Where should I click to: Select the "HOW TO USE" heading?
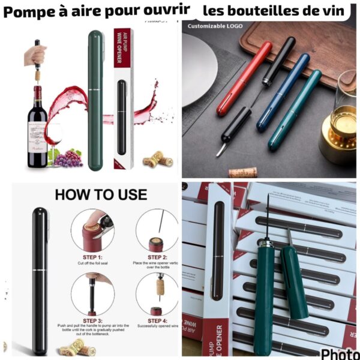click(x=101, y=194)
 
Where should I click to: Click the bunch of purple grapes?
click(x=70, y=158)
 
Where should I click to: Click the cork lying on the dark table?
click(x=243, y=172)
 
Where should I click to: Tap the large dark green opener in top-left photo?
click(x=96, y=99)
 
